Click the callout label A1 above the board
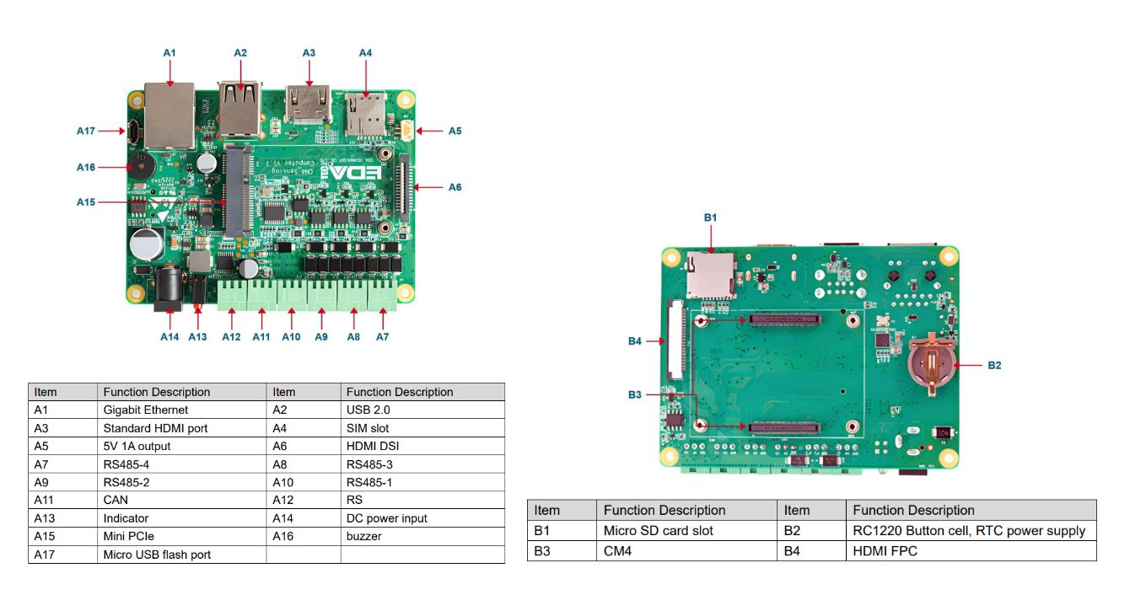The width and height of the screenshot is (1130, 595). click(169, 53)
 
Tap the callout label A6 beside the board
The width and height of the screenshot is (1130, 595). click(455, 187)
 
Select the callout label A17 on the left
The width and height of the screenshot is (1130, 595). click(86, 131)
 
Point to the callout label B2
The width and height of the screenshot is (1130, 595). click(994, 365)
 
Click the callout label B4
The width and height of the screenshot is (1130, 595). click(635, 341)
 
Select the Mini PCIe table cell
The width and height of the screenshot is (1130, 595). click(128, 536)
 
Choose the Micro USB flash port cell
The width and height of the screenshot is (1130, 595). click(157, 555)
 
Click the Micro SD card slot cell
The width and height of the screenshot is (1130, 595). click(658, 531)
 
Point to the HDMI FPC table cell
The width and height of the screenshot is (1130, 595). click(885, 551)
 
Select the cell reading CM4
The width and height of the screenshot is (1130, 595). click(617, 551)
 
